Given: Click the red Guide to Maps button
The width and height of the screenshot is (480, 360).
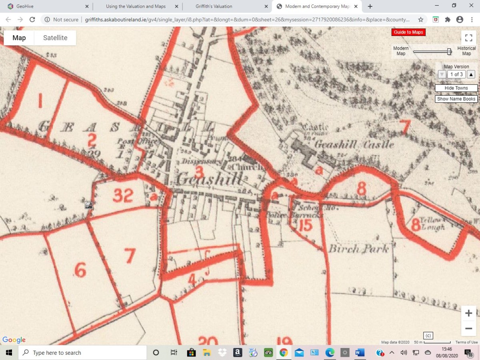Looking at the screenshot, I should tap(408, 32).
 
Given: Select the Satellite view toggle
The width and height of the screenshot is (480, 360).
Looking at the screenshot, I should tap(55, 38).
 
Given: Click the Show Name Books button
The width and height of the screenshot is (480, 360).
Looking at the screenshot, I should tap(456, 99).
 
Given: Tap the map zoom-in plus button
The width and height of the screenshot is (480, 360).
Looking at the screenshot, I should tap(468, 314).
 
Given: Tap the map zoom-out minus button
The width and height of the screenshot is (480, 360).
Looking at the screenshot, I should tap(468, 329).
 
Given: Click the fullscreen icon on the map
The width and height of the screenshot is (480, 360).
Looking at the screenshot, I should tap(468, 38).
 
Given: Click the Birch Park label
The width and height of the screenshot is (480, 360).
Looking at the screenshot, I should tap(358, 249).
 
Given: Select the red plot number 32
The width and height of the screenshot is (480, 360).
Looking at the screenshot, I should tap(123, 195).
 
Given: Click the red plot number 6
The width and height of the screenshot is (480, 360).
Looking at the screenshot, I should tap(80, 271).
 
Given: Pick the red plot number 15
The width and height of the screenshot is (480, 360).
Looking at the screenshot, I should tap(305, 226).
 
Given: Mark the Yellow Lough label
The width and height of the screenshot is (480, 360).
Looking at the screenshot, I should tap(430, 224).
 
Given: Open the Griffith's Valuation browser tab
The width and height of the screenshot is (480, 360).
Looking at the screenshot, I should tap(214, 6).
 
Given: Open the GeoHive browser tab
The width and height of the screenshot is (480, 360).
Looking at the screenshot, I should tap(25, 6).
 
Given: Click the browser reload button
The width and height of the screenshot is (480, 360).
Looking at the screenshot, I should tap(32, 20).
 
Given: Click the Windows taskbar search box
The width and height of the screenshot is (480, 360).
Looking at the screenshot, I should tap(84, 353).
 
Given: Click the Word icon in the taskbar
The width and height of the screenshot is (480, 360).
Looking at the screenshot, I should tap(360, 353).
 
